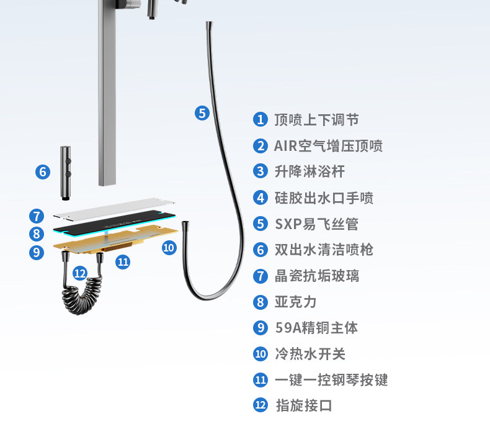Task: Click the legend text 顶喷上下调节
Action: (316, 120)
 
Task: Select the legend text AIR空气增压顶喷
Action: (328, 146)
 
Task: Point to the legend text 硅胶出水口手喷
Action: (324, 198)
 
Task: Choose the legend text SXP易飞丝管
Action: (316, 224)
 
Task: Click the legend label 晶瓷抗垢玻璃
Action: (316, 276)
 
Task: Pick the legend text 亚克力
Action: (295, 302)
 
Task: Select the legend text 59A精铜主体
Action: (316, 328)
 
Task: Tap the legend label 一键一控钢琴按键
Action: (331, 379)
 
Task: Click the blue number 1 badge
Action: (261, 120)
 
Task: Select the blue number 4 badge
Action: (261, 198)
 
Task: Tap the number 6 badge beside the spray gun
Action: (42, 171)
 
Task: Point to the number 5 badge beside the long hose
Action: (202, 113)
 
